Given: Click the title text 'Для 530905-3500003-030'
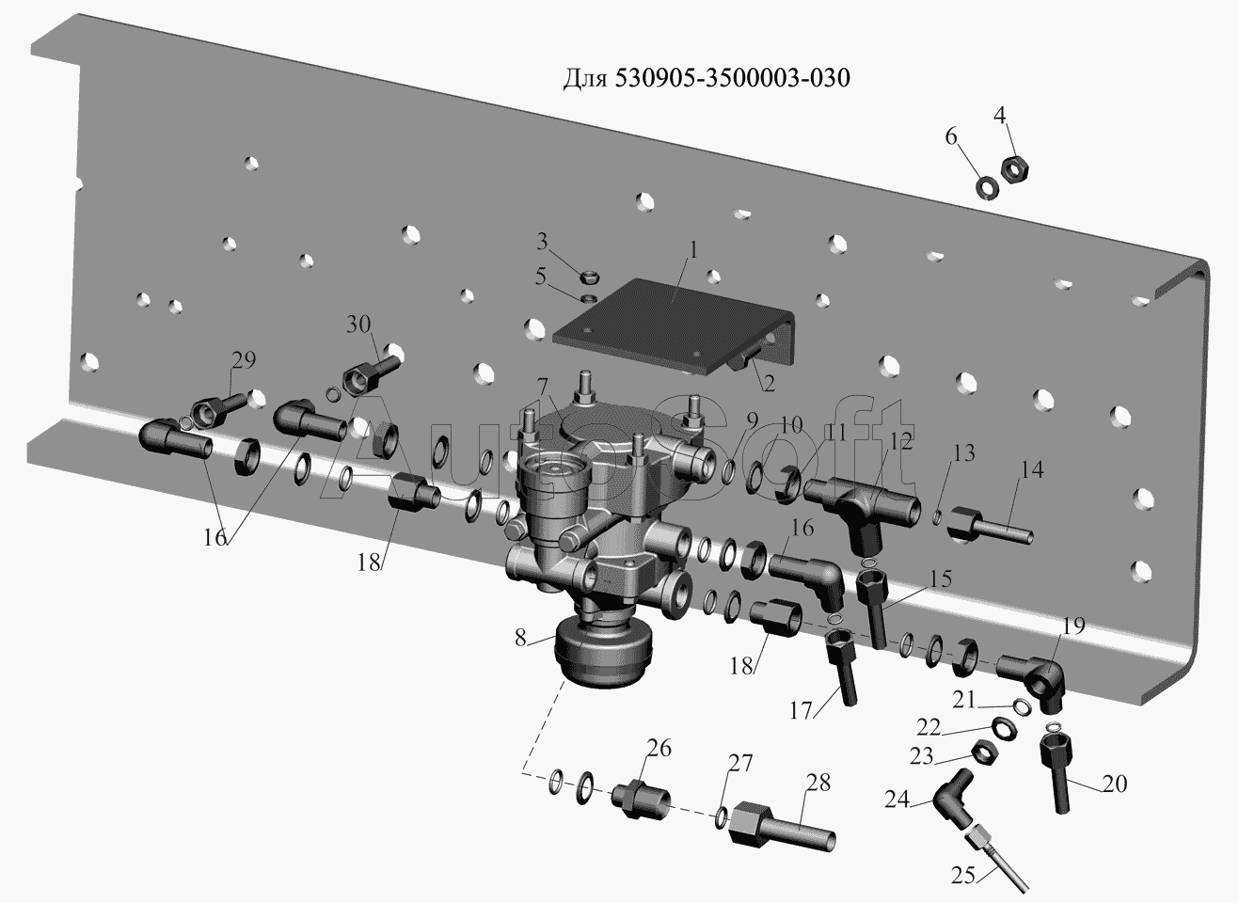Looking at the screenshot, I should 706,78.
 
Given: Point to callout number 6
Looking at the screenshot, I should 951,138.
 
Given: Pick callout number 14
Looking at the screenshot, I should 1033,470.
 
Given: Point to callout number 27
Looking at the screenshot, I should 740,763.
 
